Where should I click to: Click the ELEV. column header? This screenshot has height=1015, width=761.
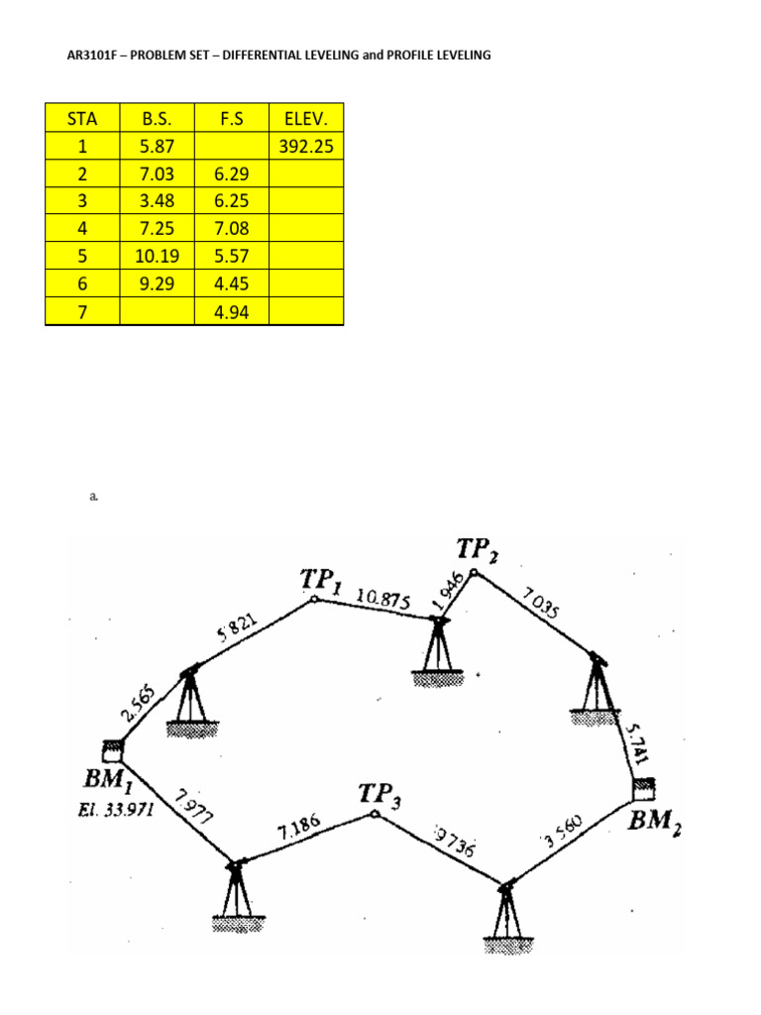(306, 119)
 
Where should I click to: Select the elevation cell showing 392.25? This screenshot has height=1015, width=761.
(306, 146)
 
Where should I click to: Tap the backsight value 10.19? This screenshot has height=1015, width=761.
(157, 256)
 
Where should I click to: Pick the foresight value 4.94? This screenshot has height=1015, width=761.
(232, 311)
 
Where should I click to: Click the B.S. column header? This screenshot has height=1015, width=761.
(157, 119)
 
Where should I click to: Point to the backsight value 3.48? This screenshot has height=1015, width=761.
(157, 200)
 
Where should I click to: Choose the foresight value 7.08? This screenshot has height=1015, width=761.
(232, 228)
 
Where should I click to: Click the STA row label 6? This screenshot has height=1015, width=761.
(82, 283)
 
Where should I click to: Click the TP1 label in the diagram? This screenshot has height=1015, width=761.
(321, 580)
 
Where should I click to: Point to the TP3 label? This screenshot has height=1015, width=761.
(380, 794)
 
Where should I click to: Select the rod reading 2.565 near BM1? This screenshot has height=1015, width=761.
(138, 703)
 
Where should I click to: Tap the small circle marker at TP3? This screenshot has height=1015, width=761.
(374, 815)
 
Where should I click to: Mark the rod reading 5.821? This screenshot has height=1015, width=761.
(236, 629)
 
